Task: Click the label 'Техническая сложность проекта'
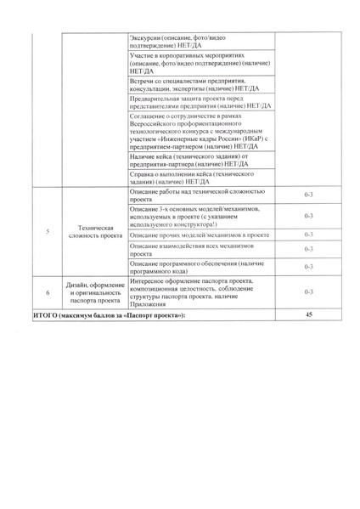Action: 95,232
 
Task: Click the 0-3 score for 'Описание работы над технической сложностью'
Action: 309,195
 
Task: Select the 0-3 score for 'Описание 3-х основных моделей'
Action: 309,216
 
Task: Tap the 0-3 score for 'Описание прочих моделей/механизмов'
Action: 309,234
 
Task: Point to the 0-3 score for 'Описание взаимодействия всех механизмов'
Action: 309,249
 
